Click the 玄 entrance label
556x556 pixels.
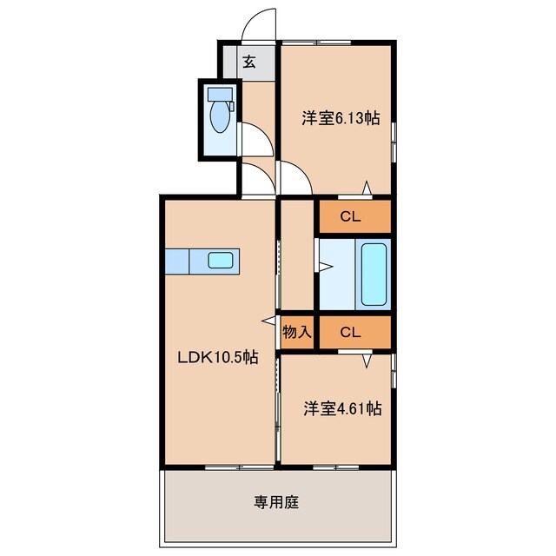click(x=248, y=62)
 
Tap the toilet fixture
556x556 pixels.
click(x=221, y=117)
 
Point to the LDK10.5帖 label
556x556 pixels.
click(x=218, y=355)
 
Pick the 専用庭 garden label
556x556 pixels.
click(x=276, y=501)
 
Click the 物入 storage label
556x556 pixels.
click(x=295, y=331)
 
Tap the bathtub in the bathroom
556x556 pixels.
click(x=374, y=274)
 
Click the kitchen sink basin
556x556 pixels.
click(x=220, y=260)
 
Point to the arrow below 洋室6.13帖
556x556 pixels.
click(x=367, y=188)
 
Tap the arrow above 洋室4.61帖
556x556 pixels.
click(x=367, y=358)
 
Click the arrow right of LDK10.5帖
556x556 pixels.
click(x=268, y=321)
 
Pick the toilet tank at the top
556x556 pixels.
click(x=220, y=94)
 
